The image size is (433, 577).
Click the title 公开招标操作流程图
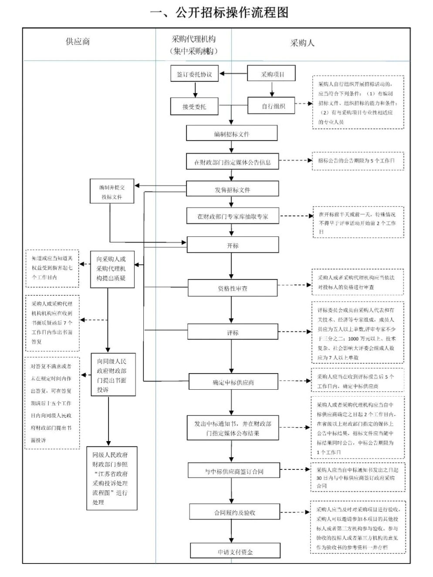[219, 13]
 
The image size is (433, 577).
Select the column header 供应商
[78, 42]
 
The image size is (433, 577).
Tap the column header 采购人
[302, 43]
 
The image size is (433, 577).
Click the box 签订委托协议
[194, 74]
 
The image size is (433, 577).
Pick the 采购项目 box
[272, 74]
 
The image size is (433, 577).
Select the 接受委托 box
[194, 106]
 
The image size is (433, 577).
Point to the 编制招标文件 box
[232, 134]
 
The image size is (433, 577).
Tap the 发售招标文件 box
[232, 189]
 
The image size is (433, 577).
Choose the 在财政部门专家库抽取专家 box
[232, 216]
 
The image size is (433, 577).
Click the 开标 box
[233, 246]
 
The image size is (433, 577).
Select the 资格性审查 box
[233, 288]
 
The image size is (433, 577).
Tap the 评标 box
[233, 332]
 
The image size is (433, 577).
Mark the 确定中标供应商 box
[233, 382]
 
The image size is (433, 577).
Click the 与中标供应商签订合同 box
[234, 471]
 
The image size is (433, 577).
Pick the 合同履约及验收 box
[234, 513]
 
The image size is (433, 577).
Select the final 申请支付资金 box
[235, 551]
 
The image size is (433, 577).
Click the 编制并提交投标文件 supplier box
[112, 192]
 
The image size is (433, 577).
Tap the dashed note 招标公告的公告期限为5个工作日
[358, 161]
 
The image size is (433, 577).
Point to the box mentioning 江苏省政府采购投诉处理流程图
[112, 478]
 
